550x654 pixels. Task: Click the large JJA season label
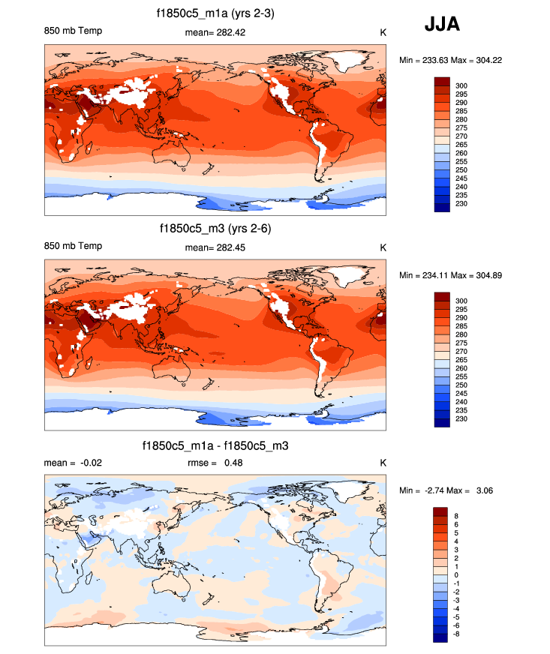pyautogui.click(x=442, y=25)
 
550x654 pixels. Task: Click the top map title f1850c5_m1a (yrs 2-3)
pyautogui.click(x=215, y=13)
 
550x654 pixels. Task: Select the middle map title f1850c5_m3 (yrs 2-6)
pyautogui.click(x=215, y=228)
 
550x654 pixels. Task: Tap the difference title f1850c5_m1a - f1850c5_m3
pyautogui.click(x=215, y=445)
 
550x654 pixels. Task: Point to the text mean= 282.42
pyautogui.click(x=215, y=32)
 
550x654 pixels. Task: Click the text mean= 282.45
pyautogui.click(x=215, y=247)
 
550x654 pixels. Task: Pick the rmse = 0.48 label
pyautogui.click(x=215, y=463)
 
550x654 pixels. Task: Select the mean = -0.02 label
pyautogui.click(x=74, y=463)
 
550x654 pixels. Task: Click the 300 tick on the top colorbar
pyautogui.click(x=461, y=86)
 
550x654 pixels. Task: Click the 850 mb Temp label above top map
pyautogui.click(x=74, y=31)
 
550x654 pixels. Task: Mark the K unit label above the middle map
pyautogui.click(x=383, y=247)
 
